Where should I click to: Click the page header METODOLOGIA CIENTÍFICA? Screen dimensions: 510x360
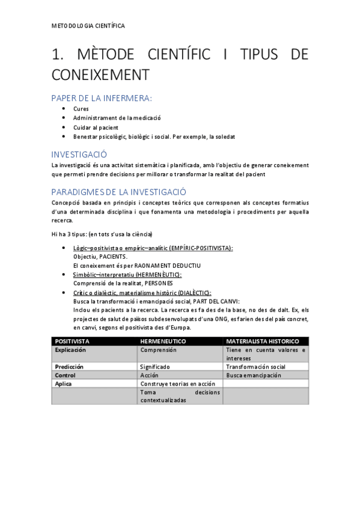[x=88, y=26]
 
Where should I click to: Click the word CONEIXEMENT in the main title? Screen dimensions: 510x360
[x=99, y=76]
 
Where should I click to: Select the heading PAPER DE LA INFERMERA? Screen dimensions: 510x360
[x=102, y=98]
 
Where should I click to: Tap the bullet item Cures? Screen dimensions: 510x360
[x=81, y=109]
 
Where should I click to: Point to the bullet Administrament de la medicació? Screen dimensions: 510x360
[x=117, y=118]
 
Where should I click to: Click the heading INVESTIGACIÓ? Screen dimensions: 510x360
[x=79, y=154]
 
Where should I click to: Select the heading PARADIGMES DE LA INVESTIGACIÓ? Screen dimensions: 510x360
[x=119, y=192]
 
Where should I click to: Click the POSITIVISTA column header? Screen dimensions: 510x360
[x=72, y=341]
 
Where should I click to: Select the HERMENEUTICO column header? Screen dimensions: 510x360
[x=163, y=341]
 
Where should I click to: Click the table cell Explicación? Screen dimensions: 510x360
[x=71, y=349]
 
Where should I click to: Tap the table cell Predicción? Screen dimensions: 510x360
[x=69, y=366]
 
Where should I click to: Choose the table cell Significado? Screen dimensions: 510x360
[x=154, y=366]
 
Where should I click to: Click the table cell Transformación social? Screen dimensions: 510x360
[x=255, y=366]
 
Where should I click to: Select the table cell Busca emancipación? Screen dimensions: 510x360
[x=253, y=375]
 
